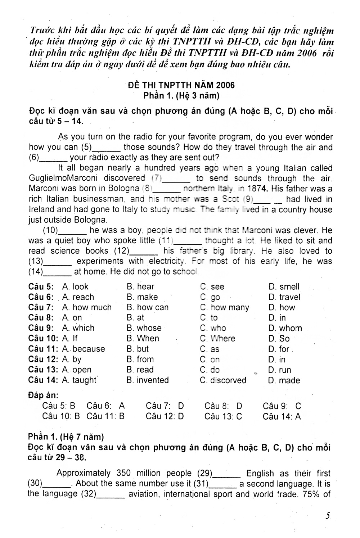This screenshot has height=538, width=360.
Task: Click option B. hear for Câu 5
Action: tap(140, 287)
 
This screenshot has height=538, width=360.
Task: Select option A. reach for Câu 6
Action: tap(78, 297)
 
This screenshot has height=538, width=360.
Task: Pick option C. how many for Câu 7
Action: tap(225, 308)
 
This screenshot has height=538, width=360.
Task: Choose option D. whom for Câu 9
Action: tap(285, 328)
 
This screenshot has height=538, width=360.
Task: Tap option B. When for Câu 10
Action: tap(143, 339)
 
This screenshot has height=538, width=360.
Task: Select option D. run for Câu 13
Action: tap(280, 370)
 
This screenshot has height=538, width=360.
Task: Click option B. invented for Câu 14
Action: tap(148, 380)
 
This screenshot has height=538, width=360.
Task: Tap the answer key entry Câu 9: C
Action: tap(282, 406)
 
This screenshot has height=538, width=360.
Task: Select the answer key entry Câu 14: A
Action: tap(282, 417)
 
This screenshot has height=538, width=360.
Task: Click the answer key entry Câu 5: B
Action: tap(59, 406)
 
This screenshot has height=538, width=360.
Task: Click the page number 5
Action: tap(328, 516)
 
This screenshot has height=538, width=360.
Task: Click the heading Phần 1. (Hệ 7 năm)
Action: tap(66, 437)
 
